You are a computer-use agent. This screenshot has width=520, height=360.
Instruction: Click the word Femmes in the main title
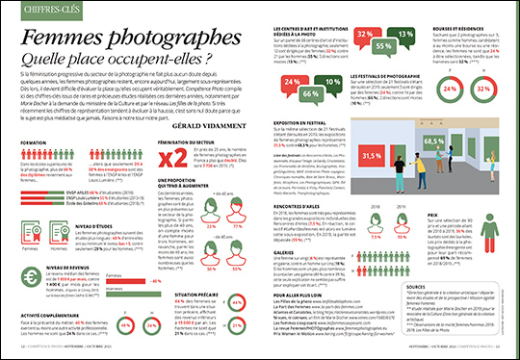point(68,39)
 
